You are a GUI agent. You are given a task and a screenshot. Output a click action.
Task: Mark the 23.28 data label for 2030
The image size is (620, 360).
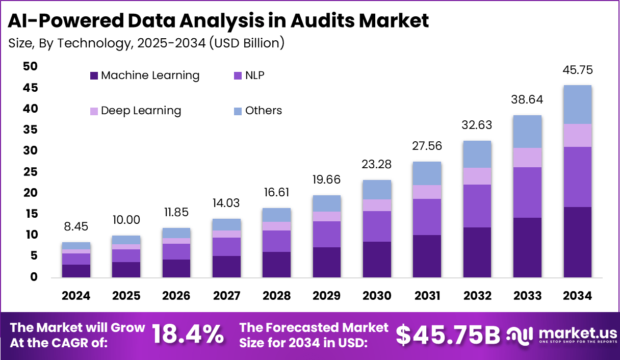pyautogui.click(x=377, y=165)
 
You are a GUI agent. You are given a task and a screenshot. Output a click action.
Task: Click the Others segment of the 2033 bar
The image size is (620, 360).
pyautogui.click(x=527, y=132)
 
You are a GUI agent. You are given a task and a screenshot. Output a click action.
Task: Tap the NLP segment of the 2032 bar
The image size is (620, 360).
pyautogui.click(x=477, y=205)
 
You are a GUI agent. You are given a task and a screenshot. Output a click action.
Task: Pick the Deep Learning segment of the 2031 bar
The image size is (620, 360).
pyautogui.click(x=427, y=192)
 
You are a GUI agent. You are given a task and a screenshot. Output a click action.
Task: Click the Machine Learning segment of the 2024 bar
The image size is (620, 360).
pyautogui.click(x=76, y=271)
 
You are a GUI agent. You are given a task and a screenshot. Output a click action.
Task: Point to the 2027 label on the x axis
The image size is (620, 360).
pyautogui.click(x=226, y=296)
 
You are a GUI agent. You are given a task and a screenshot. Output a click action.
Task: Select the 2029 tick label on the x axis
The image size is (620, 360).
pyautogui.click(x=327, y=296)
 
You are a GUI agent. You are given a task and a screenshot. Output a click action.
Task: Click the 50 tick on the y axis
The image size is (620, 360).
pyautogui.click(x=30, y=66)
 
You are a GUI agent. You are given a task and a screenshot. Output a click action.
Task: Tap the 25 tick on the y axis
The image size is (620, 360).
pyautogui.click(x=30, y=172)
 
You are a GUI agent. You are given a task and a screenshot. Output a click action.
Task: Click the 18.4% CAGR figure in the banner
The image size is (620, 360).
pyautogui.click(x=188, y=335)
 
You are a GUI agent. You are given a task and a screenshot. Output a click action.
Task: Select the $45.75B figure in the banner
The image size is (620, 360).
pyautogui.click(x=448, y=335)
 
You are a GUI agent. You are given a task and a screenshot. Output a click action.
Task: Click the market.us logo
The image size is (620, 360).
pyautogui.click(x=561, y=335)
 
